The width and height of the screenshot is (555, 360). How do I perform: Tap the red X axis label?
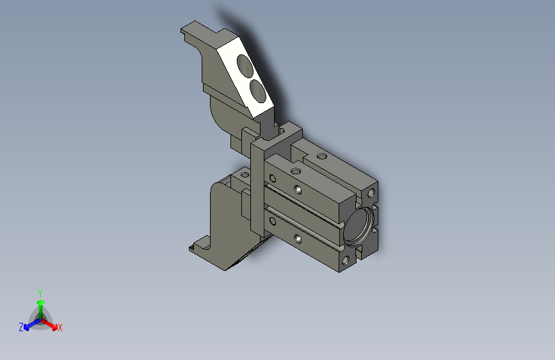coord(60,327)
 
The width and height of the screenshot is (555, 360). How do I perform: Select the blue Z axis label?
coord(21,327)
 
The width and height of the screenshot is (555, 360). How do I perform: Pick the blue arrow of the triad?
coord(29,325)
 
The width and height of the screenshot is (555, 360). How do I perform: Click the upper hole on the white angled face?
coord(245,65)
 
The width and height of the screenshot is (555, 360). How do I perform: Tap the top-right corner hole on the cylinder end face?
coord(371,192)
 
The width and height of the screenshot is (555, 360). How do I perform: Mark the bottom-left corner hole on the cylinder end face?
coord(346,261)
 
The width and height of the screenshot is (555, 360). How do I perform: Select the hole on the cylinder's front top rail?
coord(295,171)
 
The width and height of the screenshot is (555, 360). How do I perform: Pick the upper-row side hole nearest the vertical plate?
coord(273,177)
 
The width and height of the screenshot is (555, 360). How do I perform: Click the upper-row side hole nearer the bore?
coord(298,190)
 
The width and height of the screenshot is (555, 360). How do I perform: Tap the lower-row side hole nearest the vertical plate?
coord(273,222)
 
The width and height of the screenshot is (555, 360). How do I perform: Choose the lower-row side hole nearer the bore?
coord(298,239)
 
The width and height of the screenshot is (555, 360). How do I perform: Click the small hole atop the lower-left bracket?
coord(243,174)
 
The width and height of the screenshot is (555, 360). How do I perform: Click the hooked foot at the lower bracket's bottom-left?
coord(196,247)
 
